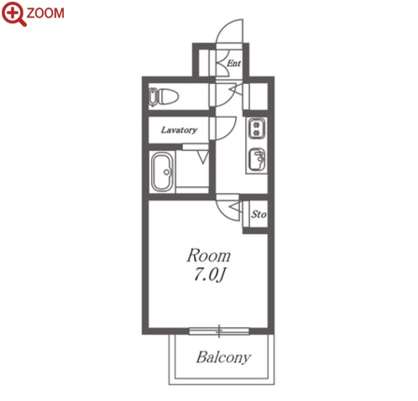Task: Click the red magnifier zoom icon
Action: pos(14,13)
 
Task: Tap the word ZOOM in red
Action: pos(45,13)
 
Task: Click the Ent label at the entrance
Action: pos(233,64)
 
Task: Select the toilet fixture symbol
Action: pos(164,97)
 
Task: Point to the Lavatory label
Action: pos(179,130)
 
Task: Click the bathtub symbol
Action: pos(162,172)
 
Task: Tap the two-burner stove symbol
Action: pos(257,128)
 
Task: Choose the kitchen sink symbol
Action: pos(257,159)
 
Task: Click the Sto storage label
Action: pos(259,214)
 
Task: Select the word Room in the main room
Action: pos(209,256)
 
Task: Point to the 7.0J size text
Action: pos(209,275)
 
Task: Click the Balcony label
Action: pos(223,357)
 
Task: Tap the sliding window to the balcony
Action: pos(219,331)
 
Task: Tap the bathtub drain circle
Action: pos(167,172)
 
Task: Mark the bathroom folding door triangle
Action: pos(203,157)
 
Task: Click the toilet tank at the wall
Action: pos(153,97)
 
